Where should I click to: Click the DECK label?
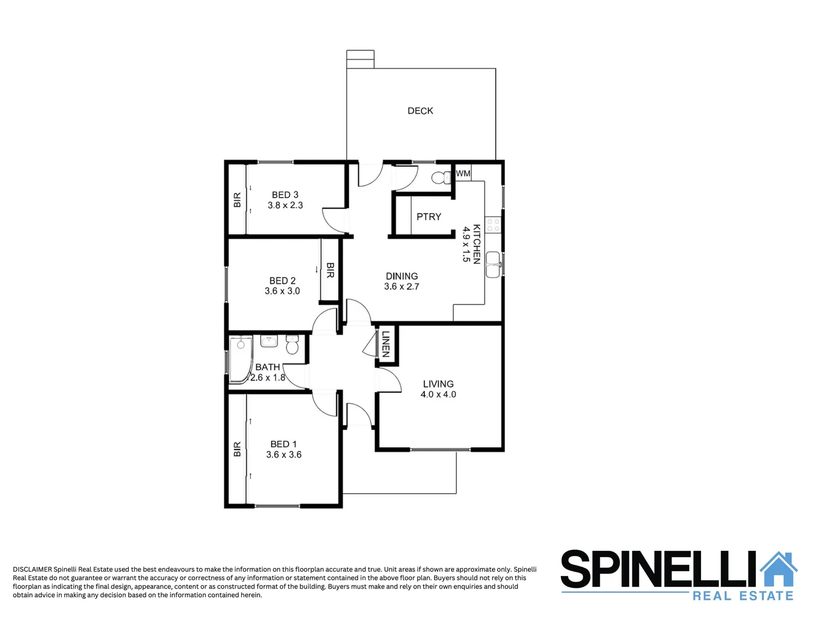click(420, 111)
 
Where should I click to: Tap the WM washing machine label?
click(463, 173)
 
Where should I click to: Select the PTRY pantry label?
click(429, 217)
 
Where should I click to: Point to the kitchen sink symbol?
click(493, 265)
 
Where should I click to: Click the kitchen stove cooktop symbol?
click(493, 225)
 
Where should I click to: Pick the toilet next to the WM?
click(441, 178)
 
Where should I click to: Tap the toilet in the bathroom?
click(292, 344)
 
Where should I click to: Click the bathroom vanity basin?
click(269, 342)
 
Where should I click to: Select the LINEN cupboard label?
click(386, 344)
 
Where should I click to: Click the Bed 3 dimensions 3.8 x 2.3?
click(285, 205)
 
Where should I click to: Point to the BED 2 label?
click(282, 281)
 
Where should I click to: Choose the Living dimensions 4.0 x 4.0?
click(438, 394)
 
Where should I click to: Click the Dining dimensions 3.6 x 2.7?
click(401, 286)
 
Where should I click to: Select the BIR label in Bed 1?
click(237, 449)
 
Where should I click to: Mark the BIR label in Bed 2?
click(330, 270)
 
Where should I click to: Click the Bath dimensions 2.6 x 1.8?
click(268, 378)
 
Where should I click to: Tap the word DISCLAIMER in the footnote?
click(32, 569)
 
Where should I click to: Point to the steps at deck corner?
click(360, 59)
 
